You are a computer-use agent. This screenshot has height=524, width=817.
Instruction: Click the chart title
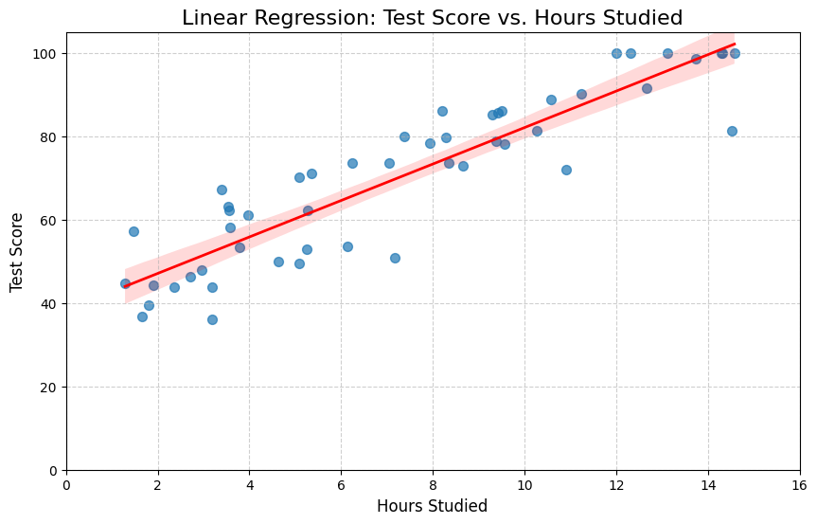tap(432, 18)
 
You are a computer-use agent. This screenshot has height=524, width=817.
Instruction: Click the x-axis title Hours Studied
tap(432, 506)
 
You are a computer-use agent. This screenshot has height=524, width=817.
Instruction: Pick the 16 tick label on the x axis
tap(799, 485)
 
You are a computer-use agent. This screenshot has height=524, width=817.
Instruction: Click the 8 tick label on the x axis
tap(433, 485)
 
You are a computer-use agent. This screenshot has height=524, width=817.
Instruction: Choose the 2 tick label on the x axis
tap(158, 485)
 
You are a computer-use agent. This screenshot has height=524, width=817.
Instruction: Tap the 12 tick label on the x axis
tap(616, 485)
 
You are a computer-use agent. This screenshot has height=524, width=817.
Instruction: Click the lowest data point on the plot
tap(212, 319)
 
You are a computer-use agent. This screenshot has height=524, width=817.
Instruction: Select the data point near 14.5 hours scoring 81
tap(732, 131)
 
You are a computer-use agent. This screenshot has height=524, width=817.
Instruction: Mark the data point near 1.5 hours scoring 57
tap(133, 231)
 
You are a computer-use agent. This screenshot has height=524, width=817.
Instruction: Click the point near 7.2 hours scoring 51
tap(395, 258)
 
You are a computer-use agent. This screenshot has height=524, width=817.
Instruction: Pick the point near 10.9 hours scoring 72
tap(566, 170)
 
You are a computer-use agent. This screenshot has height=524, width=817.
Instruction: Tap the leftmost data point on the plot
tap(125, 283)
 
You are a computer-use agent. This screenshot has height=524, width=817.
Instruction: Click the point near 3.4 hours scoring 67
tap(222, 190)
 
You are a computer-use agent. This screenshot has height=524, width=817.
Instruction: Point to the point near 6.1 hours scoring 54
tap(347, 246)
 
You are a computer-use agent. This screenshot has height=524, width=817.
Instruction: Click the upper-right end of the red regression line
tap(735, 44)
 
